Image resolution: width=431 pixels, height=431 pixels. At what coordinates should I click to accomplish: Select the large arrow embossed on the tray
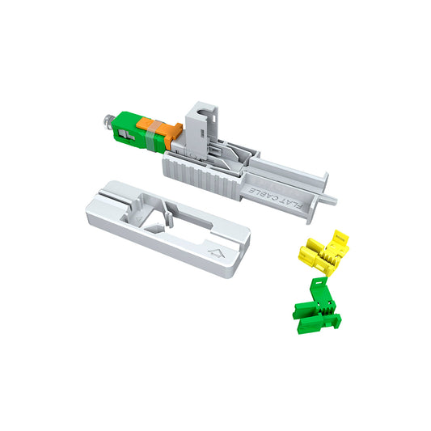pyautogui.click(x=216, y=253)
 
